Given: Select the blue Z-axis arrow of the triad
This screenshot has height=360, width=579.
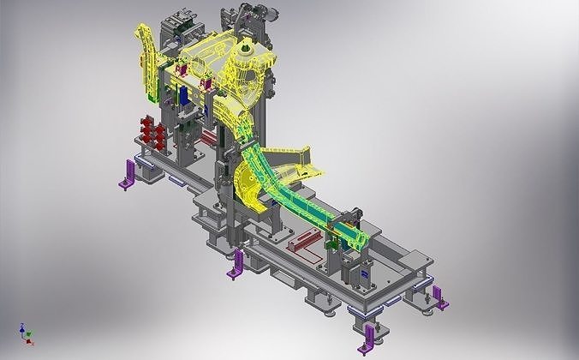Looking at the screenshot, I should coord(21,327).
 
